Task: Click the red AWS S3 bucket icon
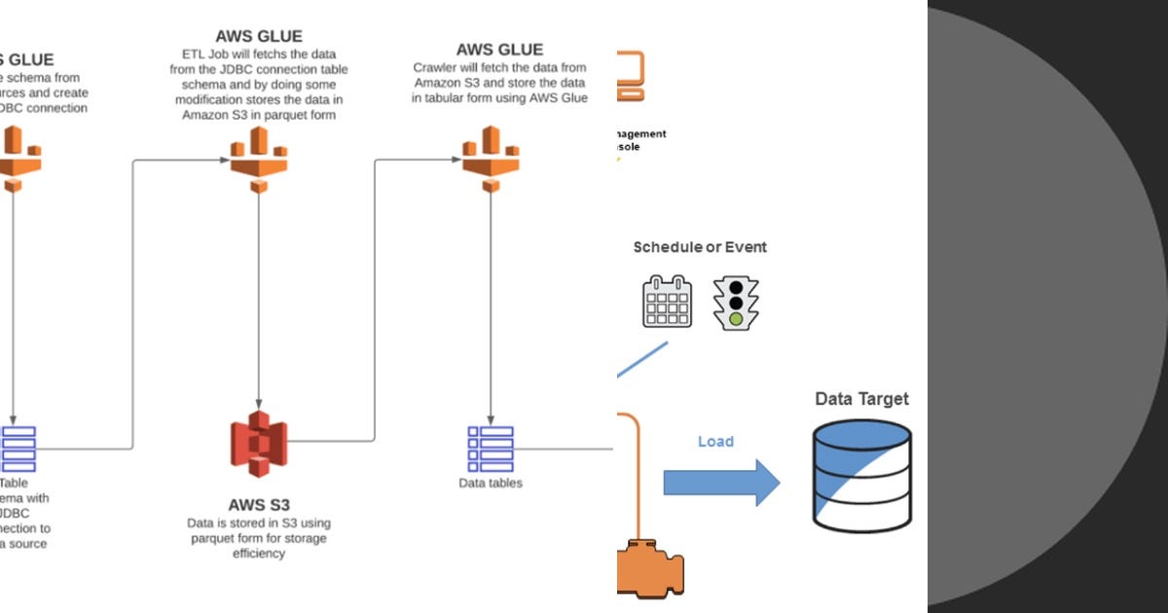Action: pos(259,444)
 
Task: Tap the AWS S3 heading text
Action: pos(259,505)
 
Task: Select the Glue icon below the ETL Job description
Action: pos(259,159)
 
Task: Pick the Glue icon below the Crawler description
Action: pos(490,159)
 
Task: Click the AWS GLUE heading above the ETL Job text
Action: pos(259,37)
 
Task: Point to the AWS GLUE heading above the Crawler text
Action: pos(499,50)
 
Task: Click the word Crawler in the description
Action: pos(434,67)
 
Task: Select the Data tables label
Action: pos(491,483)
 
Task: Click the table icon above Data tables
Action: pos(490,449)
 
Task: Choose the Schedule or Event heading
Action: pos(700,247)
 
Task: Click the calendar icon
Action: pos(667,302)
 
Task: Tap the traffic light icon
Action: pos(736,303)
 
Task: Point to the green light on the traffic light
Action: pos(736,318)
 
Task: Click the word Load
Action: pos(715,442)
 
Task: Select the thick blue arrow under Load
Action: pos(721,483)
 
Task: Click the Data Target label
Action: pos(861,399)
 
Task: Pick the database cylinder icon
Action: pos(861,477)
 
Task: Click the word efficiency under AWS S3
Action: pos(258,554)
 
